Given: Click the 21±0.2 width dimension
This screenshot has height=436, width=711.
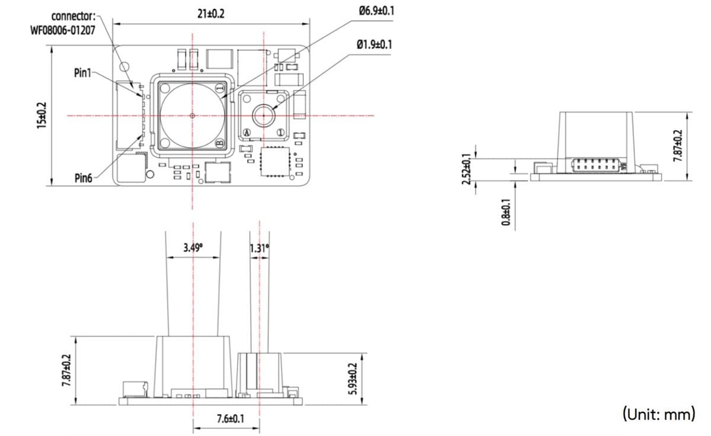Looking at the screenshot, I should coord(211,14).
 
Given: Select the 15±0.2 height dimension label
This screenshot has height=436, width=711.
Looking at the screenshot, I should coord(41,116).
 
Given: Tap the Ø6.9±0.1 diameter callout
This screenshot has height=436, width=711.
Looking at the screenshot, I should coord(376,11).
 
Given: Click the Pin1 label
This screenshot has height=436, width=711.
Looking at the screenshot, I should coord(82,73).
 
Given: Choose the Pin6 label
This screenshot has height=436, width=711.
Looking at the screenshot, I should coord(83,177).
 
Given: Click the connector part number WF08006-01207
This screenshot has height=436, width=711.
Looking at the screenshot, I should coord(62,29).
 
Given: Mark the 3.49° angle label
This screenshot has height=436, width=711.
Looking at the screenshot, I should coord(193,247).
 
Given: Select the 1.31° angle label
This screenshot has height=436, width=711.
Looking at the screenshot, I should coord(260,248).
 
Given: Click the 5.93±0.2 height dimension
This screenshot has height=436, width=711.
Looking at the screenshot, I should coord(354,380).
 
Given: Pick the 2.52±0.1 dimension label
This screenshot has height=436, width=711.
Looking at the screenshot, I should coord(466,169).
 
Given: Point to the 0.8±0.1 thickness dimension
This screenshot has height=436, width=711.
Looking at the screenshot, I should coord(505,212).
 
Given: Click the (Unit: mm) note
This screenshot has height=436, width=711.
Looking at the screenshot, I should coord(658,413).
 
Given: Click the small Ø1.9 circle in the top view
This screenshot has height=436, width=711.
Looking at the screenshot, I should coord(262,114).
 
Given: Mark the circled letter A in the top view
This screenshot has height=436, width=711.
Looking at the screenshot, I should coord(248,132).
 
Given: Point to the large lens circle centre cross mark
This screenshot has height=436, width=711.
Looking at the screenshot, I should coord(193,116).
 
